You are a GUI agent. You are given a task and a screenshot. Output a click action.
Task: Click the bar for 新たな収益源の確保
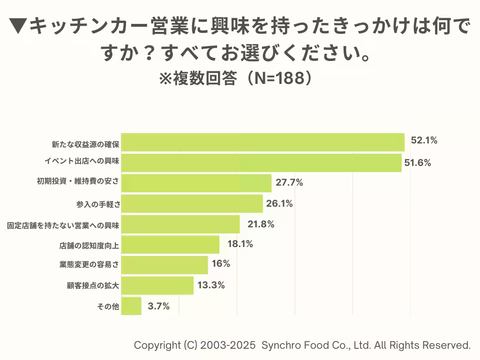click(x=262, y=142)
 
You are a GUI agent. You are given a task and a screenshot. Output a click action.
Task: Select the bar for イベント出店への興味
click(x=261, y=163)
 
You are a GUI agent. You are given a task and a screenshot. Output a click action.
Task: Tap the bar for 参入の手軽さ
click(x=192, y=204)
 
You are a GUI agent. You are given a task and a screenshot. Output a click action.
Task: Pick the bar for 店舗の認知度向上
click(x=170, y=244)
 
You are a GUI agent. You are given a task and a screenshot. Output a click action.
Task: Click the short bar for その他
click(x=131, y=306)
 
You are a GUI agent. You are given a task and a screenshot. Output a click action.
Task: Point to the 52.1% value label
click(x=424, y=140)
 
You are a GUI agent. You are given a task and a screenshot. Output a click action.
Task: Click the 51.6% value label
click(x=418, y=163)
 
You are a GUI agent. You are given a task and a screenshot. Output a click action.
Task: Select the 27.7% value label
click(x=289, y=183)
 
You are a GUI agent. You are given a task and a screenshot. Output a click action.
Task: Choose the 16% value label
click(x=221, y=263)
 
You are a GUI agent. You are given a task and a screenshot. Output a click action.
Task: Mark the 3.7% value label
click(x=158, y=307)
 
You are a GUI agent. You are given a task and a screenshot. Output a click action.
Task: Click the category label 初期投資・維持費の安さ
click(x=78, y=183)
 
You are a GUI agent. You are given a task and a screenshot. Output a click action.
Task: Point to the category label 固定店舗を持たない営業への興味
click(x=63, y=225)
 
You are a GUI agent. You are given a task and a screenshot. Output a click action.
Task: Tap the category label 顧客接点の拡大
click(x=93, y=285)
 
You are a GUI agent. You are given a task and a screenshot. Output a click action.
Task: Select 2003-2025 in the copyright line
click(x=228, y=345)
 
